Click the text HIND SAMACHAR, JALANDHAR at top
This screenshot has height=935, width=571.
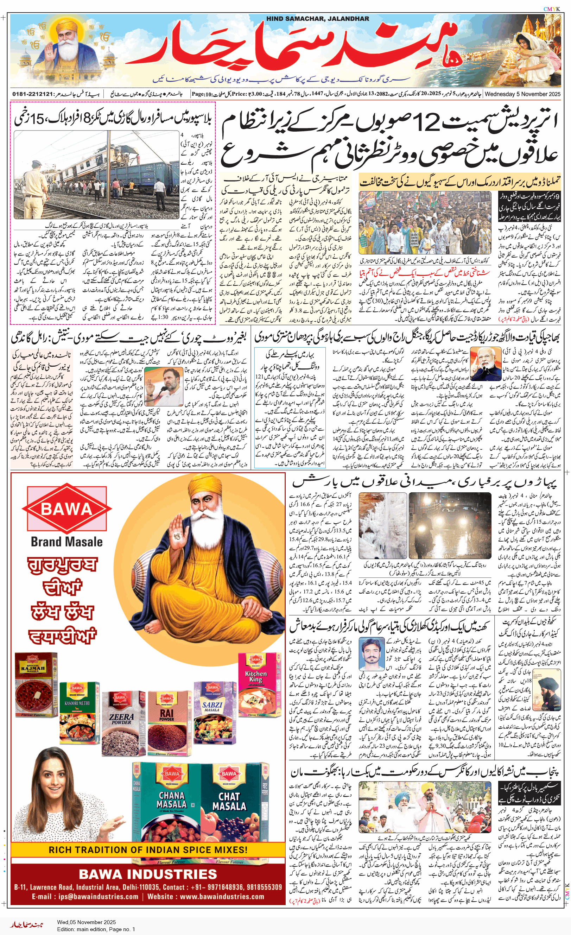pyautogui.click(x=317, y=19)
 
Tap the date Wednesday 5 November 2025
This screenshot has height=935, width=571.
pyautogui.click(x=522, y=94)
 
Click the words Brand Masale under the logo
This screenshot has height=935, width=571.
pyautogui.click(x=66, y=542)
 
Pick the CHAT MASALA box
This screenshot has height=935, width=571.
pyautogui.click(x=231, y=804)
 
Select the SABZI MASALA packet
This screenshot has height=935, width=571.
pyautogui.click(x=212, y=709)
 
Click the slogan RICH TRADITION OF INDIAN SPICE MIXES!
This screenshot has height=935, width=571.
pyautogui.click(x=148, y=849)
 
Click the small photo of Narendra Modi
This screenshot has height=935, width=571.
pyautogui.click(x=485, y=364)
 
